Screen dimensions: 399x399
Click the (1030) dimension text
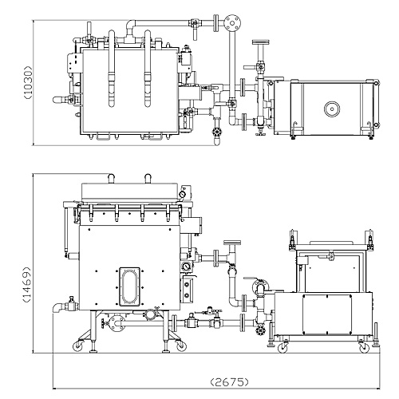pos(28,82)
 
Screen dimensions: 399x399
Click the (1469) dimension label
pos(27,284)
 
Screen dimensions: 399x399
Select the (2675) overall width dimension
pos(229,382)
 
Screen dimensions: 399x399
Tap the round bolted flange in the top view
pos(232,23)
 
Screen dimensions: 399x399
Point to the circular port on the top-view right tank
pos(332,109)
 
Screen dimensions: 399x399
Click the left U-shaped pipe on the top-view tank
pos(112,69)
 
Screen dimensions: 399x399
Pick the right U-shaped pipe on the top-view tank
pos(148,69)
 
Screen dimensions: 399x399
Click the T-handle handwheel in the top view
pos(260,42)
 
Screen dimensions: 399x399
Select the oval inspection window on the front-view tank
pos(129,286)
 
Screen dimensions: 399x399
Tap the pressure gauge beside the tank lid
pos(182,195)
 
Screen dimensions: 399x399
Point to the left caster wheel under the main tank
pos(78,346)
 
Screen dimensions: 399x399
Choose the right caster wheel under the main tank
pos(181,346)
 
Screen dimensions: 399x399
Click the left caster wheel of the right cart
pos(282,347)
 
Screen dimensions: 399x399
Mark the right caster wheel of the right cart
pos(364,347)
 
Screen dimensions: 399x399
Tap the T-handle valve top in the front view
pos(232,243)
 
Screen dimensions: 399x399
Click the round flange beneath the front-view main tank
pos(117,323)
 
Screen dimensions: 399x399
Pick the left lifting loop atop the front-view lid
pos(111,178)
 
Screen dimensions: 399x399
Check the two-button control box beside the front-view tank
pos(187,289)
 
